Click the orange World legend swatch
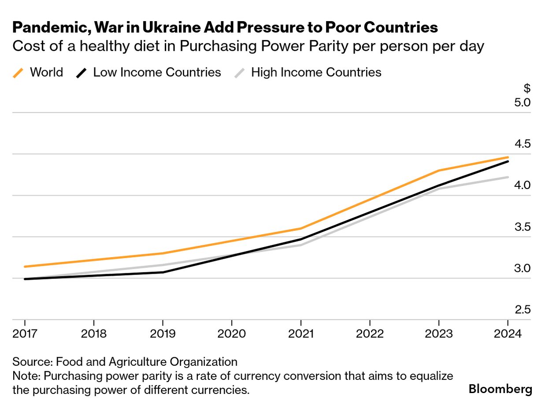tap(18, 72)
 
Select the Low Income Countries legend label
tap(157, 72)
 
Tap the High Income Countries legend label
tap(316, 72)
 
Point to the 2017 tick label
tap(25, 333)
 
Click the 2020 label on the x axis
tap(232, 333)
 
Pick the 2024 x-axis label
tap(508, 333)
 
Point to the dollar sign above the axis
tap(527, 88)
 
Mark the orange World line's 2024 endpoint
tap(508, 157)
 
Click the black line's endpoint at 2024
tap(508, 162)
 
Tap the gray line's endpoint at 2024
tap(508, 177)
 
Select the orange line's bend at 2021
tap(301, 228)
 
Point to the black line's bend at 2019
tap(163, 272)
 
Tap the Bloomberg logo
tap(500, 389)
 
